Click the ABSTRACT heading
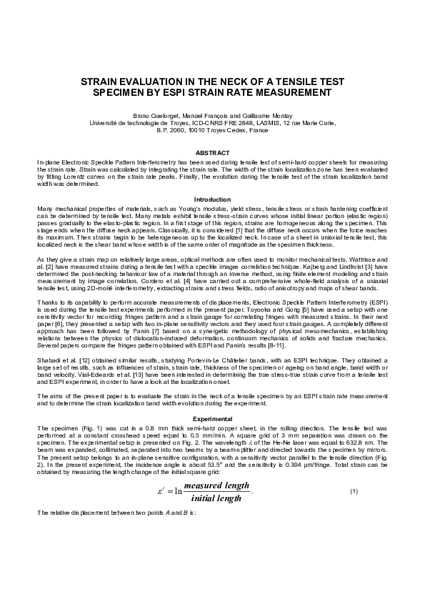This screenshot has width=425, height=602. [x=212, y=153]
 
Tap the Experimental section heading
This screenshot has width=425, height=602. [x=212, y=417]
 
